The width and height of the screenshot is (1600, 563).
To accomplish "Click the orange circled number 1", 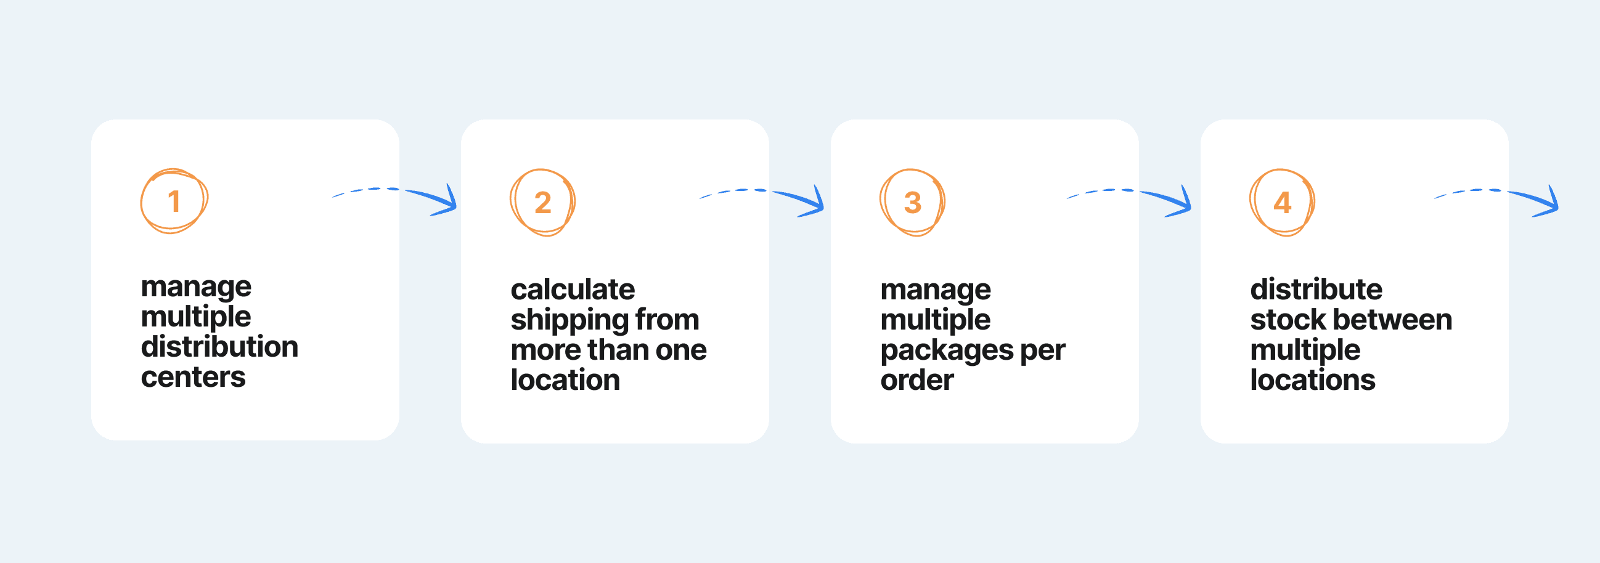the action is [174, 201].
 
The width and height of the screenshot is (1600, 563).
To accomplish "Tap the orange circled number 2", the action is [543, 203].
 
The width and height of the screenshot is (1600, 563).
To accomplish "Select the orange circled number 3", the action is [912, 203].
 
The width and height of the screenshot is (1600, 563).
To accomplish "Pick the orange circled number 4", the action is [1282, 203].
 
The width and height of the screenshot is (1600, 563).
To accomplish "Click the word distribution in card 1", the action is [220, 346].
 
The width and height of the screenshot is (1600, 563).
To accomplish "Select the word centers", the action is [193, 378].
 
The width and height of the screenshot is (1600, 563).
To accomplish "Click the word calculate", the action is [573, 290].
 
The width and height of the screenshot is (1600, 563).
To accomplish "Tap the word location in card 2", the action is [565, 380].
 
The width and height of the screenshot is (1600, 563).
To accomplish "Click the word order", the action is [916, 380].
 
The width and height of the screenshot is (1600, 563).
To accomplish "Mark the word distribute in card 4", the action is [1316, 290].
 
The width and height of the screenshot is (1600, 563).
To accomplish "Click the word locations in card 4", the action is [1312, 380].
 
